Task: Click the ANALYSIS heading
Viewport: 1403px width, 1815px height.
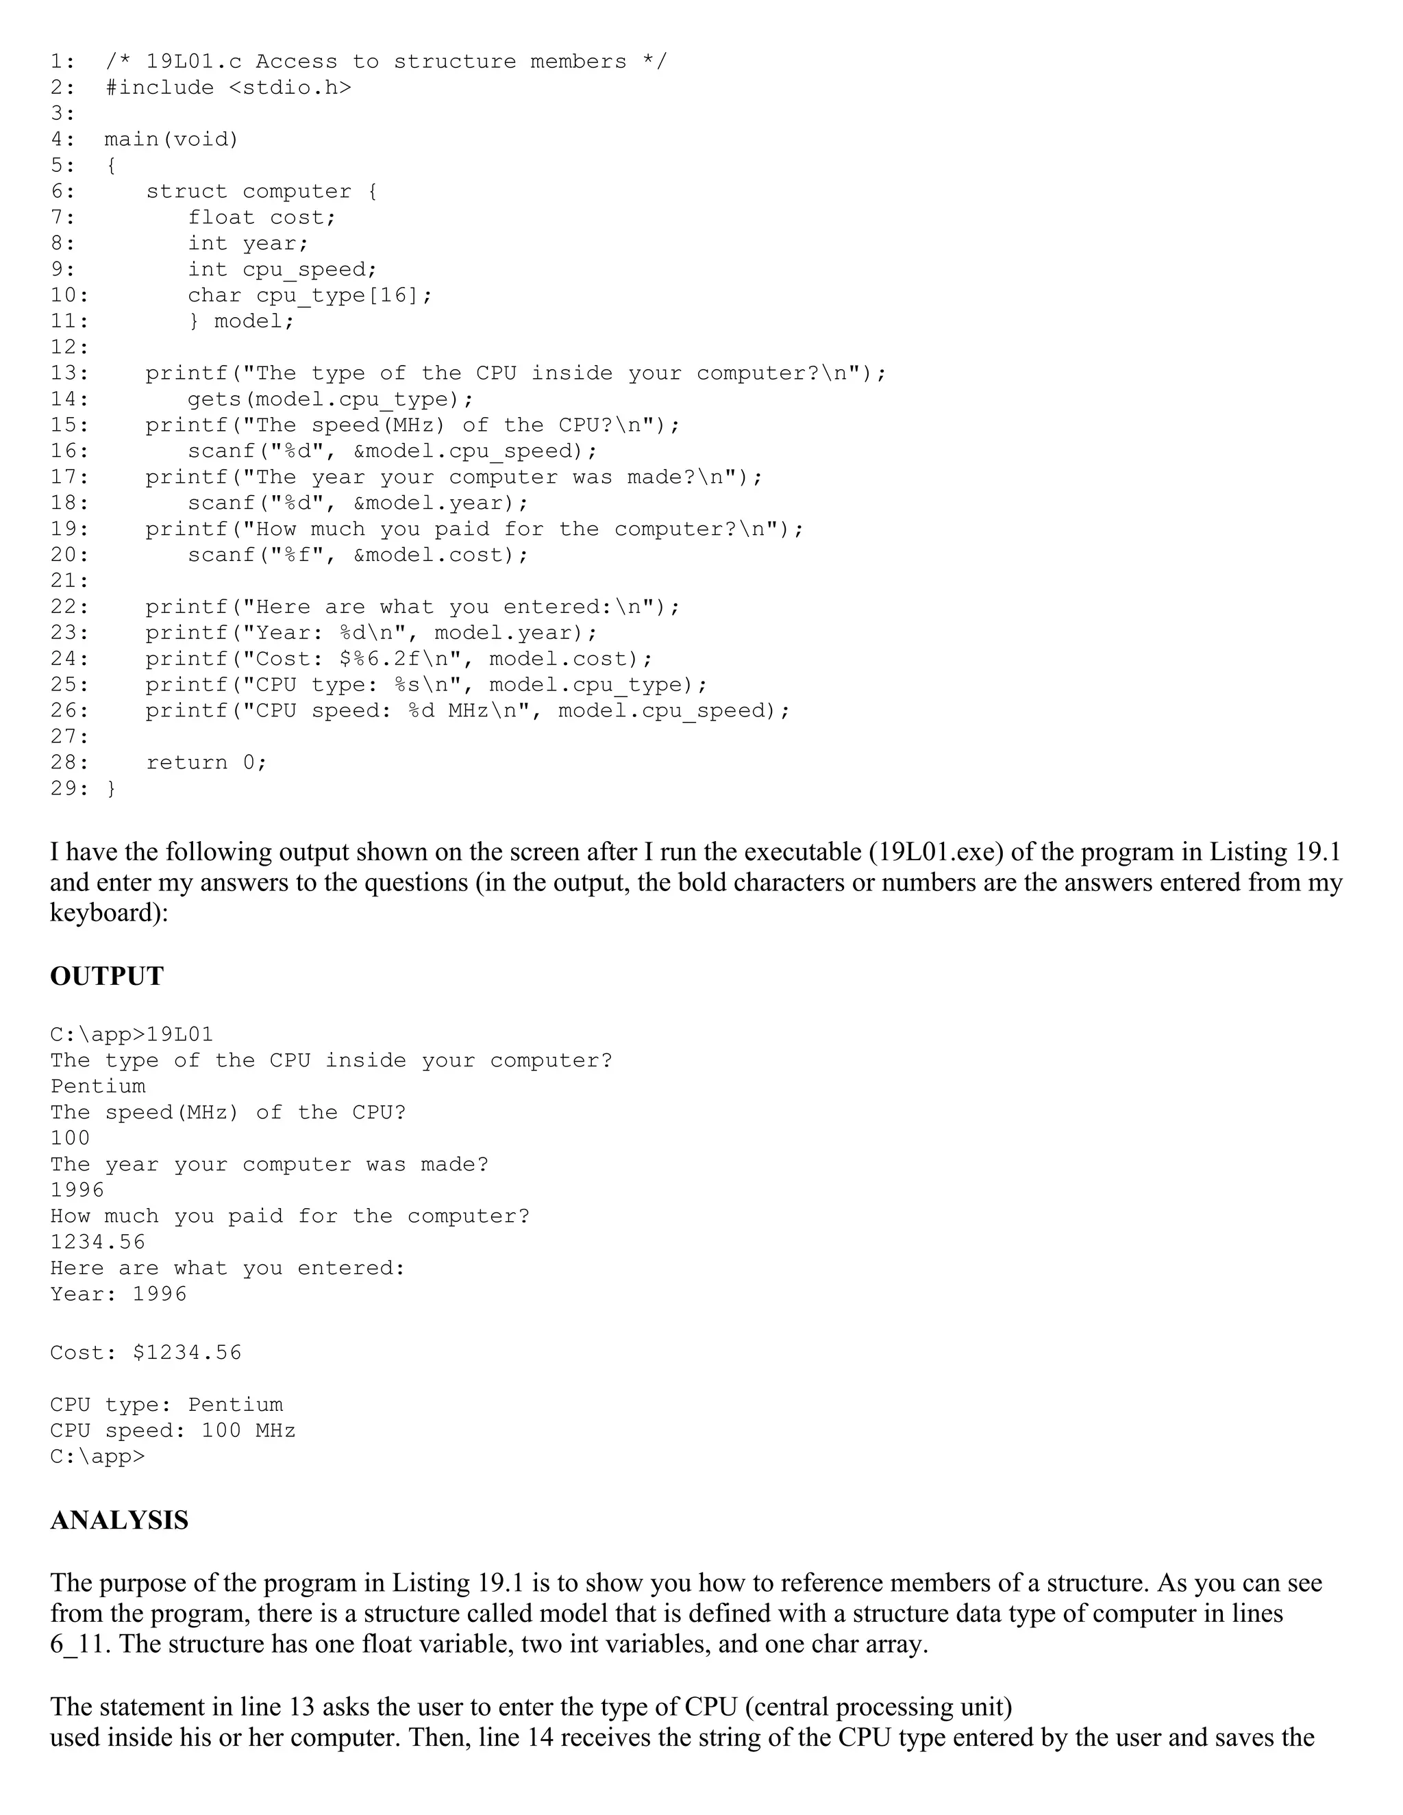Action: (119, 1520)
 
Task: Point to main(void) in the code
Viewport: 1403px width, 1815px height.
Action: (171, 139)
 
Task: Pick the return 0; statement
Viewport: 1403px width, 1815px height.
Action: (206, 762)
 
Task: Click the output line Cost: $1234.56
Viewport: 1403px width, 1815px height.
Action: (145, 1352)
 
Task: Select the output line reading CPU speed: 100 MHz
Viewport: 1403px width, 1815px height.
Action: (172, 1430)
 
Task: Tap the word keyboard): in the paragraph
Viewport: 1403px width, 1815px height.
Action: (109, 913)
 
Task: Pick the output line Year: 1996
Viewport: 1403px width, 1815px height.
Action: (118, 1294)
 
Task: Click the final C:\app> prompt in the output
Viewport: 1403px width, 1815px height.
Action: (97, 1456)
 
